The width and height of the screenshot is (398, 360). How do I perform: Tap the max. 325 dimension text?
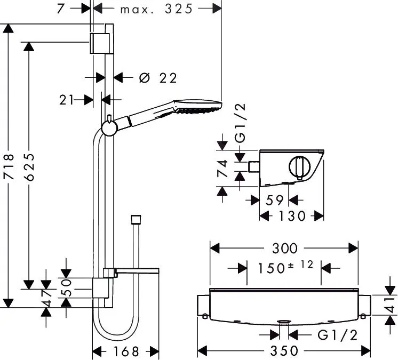(x=155, y=9)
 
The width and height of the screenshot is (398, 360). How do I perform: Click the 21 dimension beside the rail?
(x=67, y=99)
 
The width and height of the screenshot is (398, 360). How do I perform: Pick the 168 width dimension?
(x=126, y=351)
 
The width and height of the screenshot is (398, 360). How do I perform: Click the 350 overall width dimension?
(x=284, y=351)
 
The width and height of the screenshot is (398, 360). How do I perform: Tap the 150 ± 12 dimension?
(x=284, y=267)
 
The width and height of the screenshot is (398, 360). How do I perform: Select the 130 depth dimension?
(x=291, y=216)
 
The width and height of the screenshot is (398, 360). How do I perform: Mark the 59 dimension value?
(x=274, y=200)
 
